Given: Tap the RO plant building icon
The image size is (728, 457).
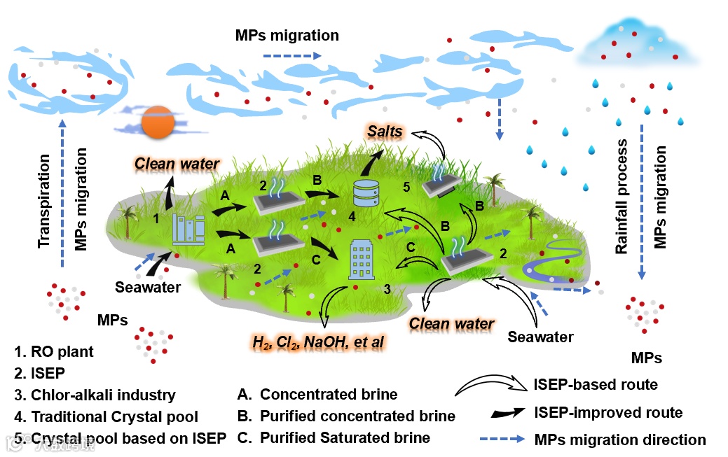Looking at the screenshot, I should (189, 230).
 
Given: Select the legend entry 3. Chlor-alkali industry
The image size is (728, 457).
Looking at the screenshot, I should (95, 395).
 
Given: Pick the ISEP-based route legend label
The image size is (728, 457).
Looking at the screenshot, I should (596, 384).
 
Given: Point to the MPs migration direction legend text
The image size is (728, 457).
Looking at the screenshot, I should (620, 440).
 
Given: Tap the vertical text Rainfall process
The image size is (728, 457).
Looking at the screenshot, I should (621, 197).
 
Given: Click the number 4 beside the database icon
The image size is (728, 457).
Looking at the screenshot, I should (352, 218).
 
